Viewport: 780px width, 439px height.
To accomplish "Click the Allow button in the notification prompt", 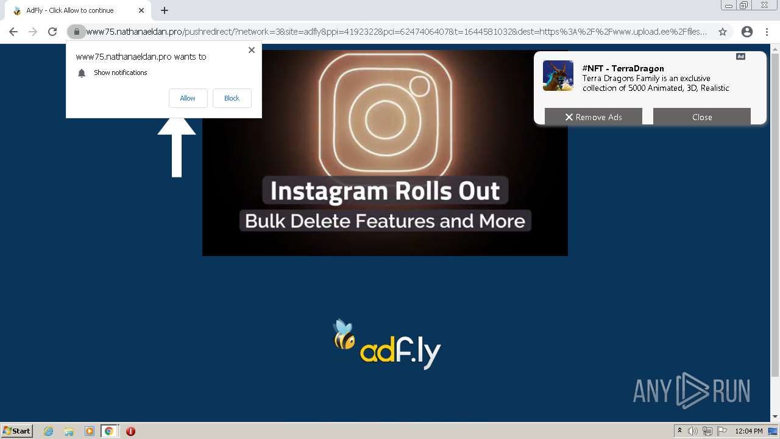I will click(x=188, y=98).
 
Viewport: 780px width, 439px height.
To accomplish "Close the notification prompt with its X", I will click(x=252, y=50).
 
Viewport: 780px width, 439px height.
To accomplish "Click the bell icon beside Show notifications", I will click(x=81, y=73).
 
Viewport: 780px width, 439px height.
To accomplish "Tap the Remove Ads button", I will click(x=593, y=117).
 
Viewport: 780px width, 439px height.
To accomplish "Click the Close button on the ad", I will click(x=701, y=117).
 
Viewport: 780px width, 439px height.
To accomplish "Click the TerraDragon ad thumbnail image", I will click(x=558, y=76).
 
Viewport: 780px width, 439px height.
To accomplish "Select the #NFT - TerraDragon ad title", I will click(x=623, y=68).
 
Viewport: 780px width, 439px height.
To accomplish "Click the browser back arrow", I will click(x=13, y=32).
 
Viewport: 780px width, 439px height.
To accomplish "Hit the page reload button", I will click(x=52, y=32).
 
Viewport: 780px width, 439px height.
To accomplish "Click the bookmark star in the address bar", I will click(x=723, y=32).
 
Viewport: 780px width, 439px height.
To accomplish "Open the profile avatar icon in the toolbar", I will click(x=747, y=32).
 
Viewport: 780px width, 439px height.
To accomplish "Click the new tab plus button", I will click(x=165, y=10).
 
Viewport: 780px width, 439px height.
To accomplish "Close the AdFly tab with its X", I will click(x=141, y=10).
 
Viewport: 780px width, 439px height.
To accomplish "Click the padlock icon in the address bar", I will click(x=77, y=32).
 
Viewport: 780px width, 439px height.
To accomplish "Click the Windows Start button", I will click(x=17, y=431).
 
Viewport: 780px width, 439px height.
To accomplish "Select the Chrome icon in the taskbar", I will click(x=109, y=431).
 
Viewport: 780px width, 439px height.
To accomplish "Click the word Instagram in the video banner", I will click(x=329, y=191).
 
